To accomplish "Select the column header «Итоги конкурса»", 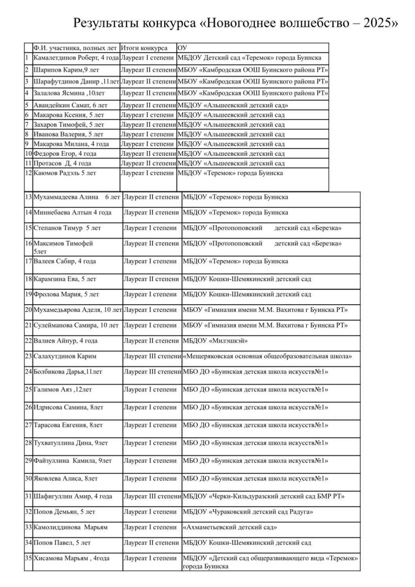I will (144, 48).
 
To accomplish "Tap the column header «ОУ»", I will (182, 48).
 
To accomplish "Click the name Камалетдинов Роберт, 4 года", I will (76, 58).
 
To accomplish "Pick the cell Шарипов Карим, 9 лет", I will (66, 70).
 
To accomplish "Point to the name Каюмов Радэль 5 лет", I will (65, 173).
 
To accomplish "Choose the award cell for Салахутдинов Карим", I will (152, 357).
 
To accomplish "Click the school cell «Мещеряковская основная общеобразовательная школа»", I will (267, 357).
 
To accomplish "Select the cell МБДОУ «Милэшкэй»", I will (215, 341).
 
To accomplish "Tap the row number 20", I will (28, 310).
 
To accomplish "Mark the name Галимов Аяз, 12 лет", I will (63, 390).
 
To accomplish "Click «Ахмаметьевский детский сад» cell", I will (230, 528).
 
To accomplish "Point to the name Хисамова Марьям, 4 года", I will (71, 558).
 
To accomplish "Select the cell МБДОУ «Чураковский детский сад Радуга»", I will (248, 512).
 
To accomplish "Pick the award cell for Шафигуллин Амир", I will (152, 497).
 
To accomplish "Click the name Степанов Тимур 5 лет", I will (67, 228).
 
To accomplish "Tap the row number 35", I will (28, 558).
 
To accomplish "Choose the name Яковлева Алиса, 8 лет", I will (65, 479).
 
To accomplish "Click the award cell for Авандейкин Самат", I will (148, 105).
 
